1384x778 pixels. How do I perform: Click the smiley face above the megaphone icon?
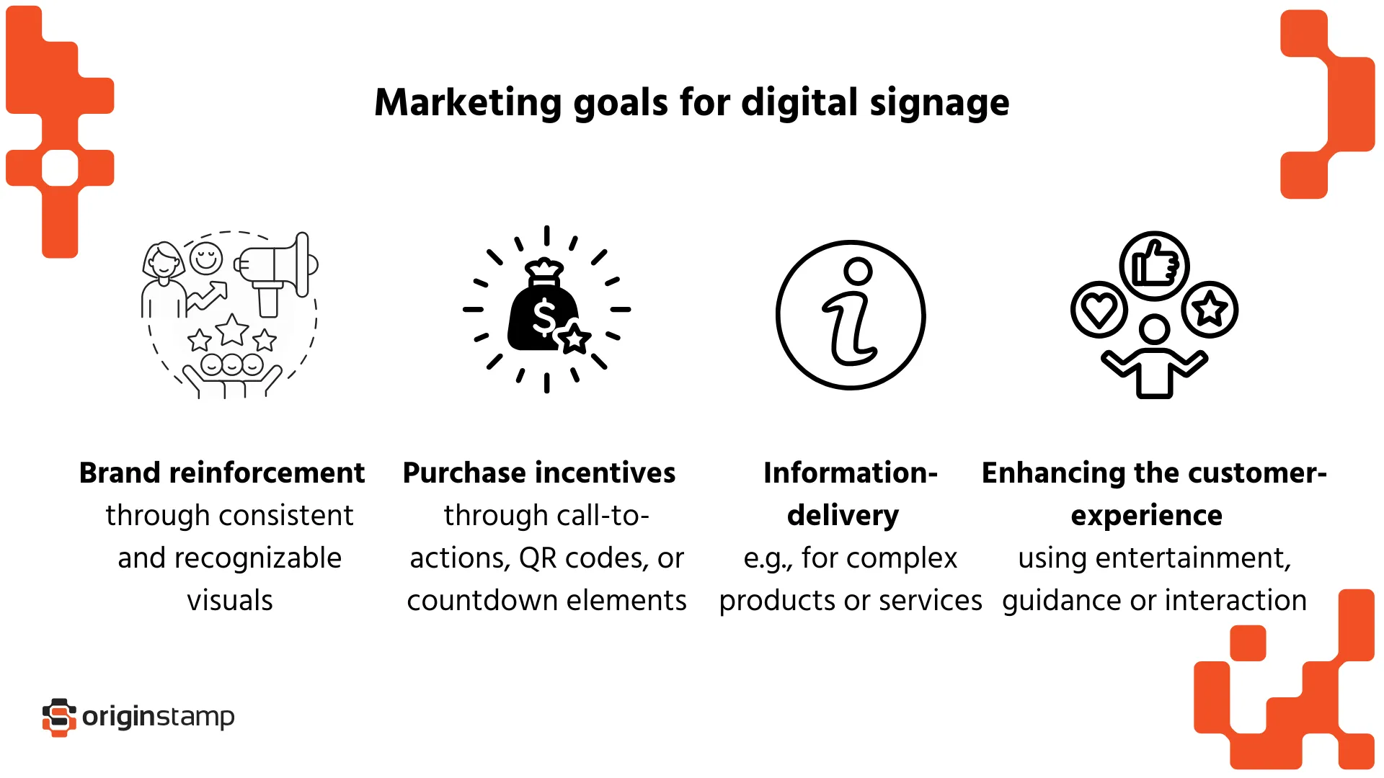click(206, 258)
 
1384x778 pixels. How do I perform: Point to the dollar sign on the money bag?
click(544, 317)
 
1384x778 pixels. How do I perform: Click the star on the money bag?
click(575, 338)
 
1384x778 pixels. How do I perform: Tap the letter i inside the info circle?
click(851, 313)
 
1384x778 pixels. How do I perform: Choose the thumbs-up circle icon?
click(1154, 266)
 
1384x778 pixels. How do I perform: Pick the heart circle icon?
click(1099, 310)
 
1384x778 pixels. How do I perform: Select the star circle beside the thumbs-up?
click(1210, 310)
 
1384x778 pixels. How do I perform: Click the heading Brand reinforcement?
click(222, 473)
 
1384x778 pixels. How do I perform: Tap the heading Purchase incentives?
click(539, 473)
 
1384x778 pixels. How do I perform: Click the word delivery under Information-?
click(843, 516)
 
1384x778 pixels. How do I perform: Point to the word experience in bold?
click(1146, 516)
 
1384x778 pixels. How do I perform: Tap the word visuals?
click(230, 601)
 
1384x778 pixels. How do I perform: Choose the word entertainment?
click(1191, 558)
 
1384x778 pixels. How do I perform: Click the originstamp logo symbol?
click(59, 717)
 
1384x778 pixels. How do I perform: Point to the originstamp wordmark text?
click(159, 717)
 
